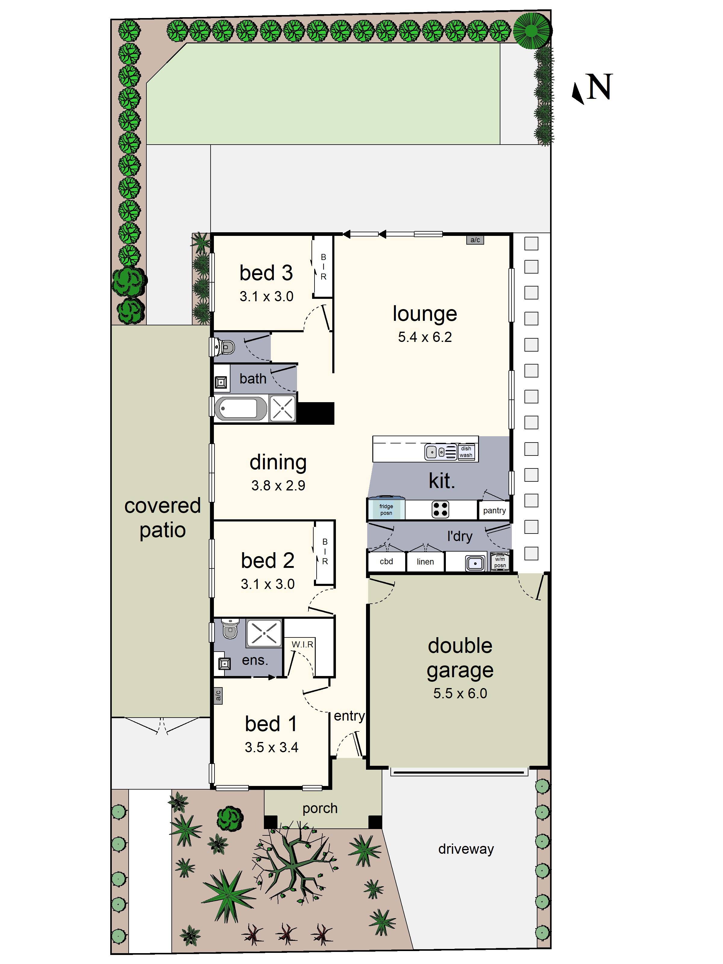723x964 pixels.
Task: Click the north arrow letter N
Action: pyautogui.click(x=600, y=87)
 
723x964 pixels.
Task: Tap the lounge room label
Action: pyautogui.click(x=424, y=314)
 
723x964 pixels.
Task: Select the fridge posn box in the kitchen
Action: pyautogui.click(x=386, y=509)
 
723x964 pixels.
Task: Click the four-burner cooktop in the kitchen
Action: pyautogui.click(x=440, y=509)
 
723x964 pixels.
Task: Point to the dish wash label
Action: pyautogui.click(x=466, y=452)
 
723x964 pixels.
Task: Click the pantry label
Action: pyautogui.click(x=494, y=510)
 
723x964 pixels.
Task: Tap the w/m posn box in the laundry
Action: pyautogui.click(x=500, y=562)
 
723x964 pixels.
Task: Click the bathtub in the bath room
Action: pyautogui.click(x=240, y=408)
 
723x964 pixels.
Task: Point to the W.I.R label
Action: pyautogui.click(x=302, y=644)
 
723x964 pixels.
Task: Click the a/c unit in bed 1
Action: pyautogui.click(x=218, y=695)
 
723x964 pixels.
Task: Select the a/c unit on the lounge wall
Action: pyautogui.click(x=475, y=240)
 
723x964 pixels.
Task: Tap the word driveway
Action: pyautogui.click(x=465, y=849)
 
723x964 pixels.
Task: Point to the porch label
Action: pyautogui.click(x=320, y=808)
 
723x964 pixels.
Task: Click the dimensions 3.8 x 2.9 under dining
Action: pyautogui.click(x=278, y=486)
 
